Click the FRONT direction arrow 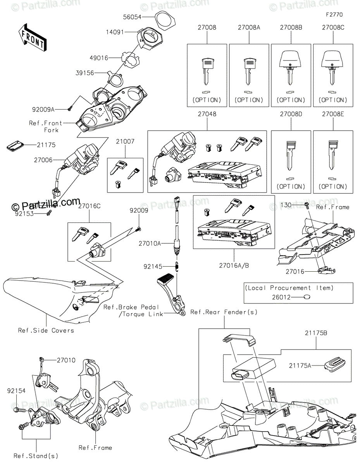click(32, 38)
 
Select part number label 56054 click(132, 17)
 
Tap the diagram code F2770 click(334, 15)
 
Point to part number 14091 click(115, 32)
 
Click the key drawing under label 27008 click(207, 71)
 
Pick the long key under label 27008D click(291, 155)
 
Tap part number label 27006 click(43, 160)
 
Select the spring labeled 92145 click(177, 267)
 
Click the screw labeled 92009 click(139, 229)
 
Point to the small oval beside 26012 click(307, 297)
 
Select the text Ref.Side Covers click(46, 331)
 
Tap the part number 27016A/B click(234, 265)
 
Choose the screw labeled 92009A click(69, 109)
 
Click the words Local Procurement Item click(289, 288)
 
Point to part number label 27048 click(207, 114)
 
